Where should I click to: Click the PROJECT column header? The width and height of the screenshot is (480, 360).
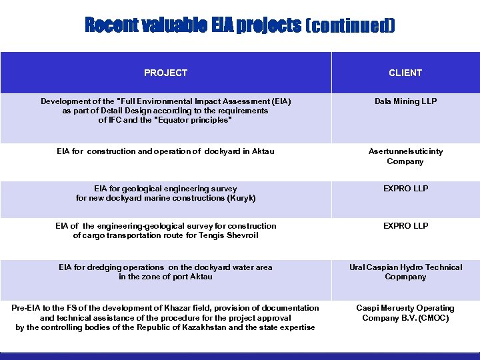[x=165, y=73]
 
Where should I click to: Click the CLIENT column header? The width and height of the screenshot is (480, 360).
[x=405, y=73]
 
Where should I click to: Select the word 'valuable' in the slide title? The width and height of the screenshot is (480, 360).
[x=175, y=26]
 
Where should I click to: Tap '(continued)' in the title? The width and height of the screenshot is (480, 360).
[x=350, y=26]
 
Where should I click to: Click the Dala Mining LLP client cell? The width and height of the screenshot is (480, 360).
[x=405, y=101]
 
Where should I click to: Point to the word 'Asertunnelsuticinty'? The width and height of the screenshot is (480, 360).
[x=405, y=151]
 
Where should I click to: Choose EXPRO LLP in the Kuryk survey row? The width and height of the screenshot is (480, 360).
[x=405, y=189]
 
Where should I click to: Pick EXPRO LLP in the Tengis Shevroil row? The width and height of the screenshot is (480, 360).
[x=405, y=226]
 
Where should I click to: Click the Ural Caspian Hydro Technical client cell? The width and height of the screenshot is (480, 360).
[x=405, y=267]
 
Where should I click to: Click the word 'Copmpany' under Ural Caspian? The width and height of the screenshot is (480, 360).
[x=405, y=277]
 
